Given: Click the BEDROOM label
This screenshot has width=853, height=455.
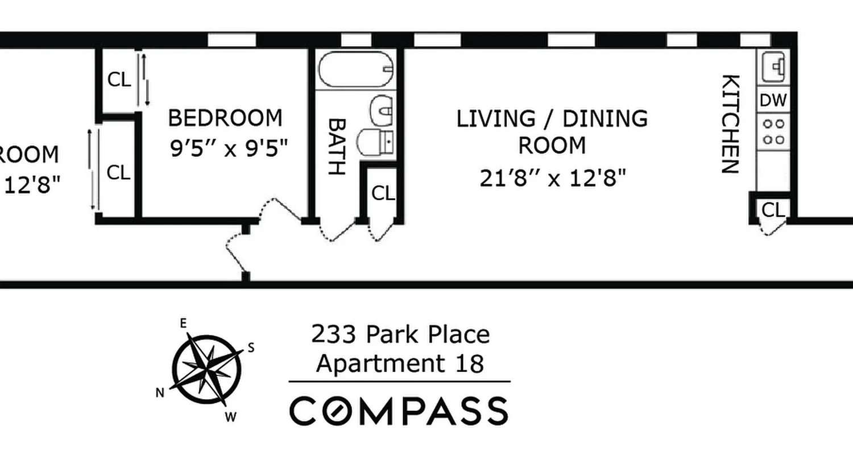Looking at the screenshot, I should (x=225, y=118).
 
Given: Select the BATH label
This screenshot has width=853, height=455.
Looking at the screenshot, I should (x=337, y=146).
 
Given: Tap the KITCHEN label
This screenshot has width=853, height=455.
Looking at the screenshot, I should (x=730, y=123).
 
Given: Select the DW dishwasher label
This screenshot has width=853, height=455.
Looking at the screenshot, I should (x=773, y=101).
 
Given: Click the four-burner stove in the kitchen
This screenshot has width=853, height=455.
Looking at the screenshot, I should (x=773, y=131).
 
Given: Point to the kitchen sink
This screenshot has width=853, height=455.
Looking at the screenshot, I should (x=773, y=67).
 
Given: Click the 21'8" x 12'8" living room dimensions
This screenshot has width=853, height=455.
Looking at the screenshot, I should (x=552, y=179).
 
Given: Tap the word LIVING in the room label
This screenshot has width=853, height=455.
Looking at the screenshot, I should (x=495, y=119).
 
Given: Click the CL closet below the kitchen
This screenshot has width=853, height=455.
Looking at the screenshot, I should (x=773, y=210).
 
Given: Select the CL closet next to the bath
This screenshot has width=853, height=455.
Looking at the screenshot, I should (x=383, y=194).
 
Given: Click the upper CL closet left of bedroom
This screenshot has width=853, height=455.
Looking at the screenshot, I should (x=119, y=80).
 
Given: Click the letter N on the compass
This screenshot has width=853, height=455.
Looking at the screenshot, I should (x=160, y=392).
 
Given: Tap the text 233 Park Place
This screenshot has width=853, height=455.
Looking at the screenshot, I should (x=400, y=334).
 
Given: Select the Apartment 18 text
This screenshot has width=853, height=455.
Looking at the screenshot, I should (x=400, y=363).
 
